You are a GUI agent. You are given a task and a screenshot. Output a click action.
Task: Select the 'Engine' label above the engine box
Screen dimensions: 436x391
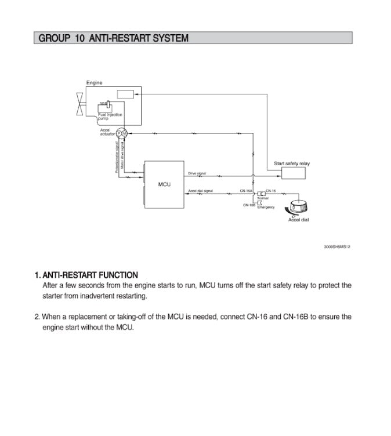(95, 83)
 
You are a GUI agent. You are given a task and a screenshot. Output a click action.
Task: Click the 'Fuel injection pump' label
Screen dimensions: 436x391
(110, 117)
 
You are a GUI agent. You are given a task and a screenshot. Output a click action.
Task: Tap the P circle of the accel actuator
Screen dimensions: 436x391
(118, 133)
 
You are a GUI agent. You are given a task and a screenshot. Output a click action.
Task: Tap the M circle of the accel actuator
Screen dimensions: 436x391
(124, 133)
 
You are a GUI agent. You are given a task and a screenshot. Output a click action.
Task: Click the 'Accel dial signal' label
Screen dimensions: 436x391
(200, 191)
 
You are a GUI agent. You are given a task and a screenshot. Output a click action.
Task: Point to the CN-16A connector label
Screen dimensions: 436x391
(246, 190)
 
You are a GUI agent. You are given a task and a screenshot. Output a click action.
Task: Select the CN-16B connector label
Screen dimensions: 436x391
(249, 204)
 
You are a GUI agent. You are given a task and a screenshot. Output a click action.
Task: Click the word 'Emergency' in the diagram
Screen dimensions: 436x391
(266, 207)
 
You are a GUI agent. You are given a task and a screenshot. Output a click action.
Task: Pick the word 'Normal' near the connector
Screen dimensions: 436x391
(263, 198)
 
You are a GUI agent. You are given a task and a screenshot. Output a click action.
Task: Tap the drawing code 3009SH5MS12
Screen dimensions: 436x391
(337, 246)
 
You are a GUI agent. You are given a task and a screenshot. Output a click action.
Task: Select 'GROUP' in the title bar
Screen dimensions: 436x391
(53, 39)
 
